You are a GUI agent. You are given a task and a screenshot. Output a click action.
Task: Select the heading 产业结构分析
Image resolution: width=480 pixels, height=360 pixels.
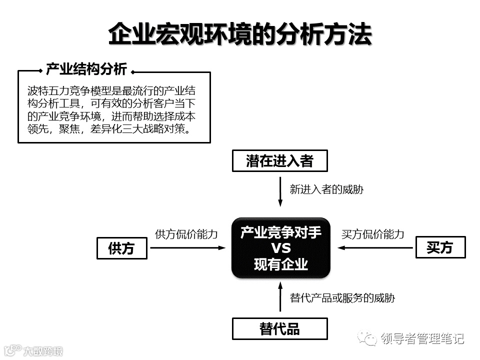tap(86, 69)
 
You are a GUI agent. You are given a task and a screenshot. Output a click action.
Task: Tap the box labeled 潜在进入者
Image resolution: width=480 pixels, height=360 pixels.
tap(280, 161)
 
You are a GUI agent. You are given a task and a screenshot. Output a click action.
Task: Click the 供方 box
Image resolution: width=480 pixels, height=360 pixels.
tap(121, 248)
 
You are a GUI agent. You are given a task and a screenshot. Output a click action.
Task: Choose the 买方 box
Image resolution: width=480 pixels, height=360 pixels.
tap(440, 247)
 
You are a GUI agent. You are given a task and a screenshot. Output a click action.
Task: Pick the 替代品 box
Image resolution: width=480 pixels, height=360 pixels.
tap(280, 329)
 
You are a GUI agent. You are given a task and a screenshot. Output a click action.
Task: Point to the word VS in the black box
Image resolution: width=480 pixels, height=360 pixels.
tap(280, 248)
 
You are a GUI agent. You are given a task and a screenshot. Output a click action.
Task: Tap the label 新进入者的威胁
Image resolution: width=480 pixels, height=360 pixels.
tap(326, 189)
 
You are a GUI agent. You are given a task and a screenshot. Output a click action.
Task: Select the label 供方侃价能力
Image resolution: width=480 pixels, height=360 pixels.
tap(186, 233)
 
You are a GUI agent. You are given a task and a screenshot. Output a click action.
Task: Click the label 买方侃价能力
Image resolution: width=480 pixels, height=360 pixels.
tap(372, 233)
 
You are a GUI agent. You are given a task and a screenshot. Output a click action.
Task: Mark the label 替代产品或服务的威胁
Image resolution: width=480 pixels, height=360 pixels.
tap(342, 298)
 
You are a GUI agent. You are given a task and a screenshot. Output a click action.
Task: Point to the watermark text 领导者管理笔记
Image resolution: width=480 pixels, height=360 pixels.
tap(422, 339)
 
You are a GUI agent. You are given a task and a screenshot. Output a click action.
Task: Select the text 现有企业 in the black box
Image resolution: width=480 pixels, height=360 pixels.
tap(280, 264)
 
